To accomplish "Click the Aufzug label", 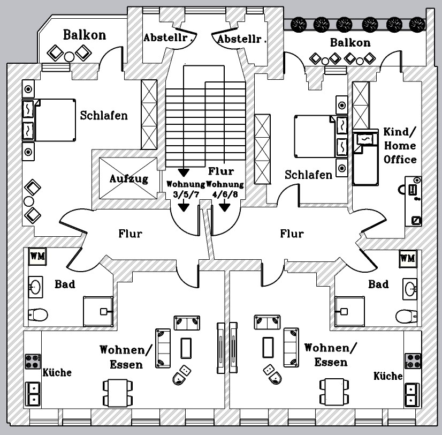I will coord(128,178).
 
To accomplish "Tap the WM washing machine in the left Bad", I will coord(37,256).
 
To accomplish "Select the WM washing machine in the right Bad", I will coord(407,258).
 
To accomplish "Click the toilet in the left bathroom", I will coord(37,313).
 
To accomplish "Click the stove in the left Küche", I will coord(32,361).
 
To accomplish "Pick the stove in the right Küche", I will coord(413,360).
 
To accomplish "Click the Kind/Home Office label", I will coord(400,146).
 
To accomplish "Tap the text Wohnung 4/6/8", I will coord(225,189).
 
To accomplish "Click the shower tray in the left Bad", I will coord(98,310).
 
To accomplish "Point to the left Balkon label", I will coord(85,35).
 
